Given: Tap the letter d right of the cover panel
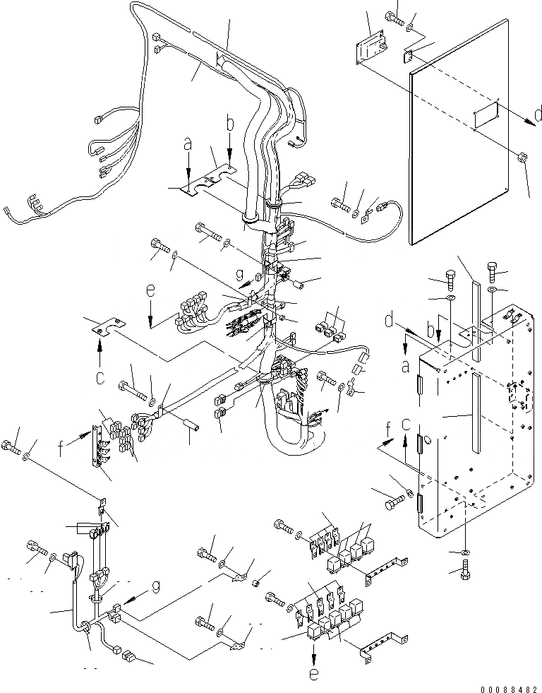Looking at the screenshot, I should tap(538, 114).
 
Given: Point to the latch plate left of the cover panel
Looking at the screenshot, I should tap(371, 49).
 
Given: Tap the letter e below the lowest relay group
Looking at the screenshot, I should tap(314, 674).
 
